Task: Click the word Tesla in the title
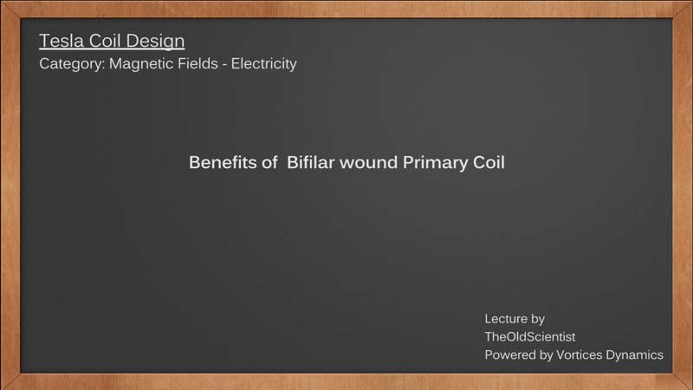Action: pyautogui.click(x=62, y=41)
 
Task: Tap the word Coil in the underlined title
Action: pyautogui.click(x=103, y=41)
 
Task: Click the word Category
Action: pyautogui.click(x=72, y=64)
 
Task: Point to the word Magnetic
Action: pyautogui.click(x=141, y=63)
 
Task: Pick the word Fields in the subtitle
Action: pyautogui.click(x=198, y=63)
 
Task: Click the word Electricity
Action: pyautogui.click(x=264, y=64)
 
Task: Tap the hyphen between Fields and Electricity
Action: pyautogui.click(x=224, y=65)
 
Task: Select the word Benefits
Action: pyautogui.click(x=223, y=163)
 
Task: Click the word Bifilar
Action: pyautogui.click(x=311, y=163)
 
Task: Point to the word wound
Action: pyautogui.click(x=369, y=163)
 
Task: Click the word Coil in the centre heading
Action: pyautogui.click(x=489, y=163)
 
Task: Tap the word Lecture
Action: pyautogui.click(x=506, y=319)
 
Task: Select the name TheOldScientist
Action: pyautogui.click(x=530, y=337)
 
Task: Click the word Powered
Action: pyautogui.click(x=508, y=355)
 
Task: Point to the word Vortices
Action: pyautogui.click(x=579, y=355)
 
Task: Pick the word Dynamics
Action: pyautogui.click(x=634, y=355)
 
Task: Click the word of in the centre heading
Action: pyautogui.click(x=269, y=163)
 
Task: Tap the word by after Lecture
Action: pyautogui.click(x=537, y=320)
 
